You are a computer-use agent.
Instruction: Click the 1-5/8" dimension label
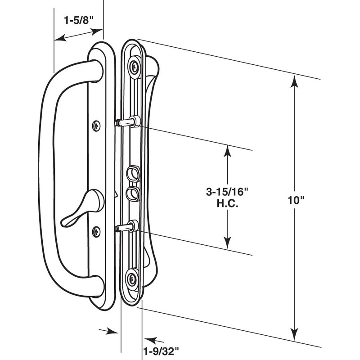click(x=77, y=20)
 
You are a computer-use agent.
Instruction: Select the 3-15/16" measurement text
click(x=227, y=192)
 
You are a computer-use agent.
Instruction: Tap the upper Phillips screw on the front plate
click(x=96, y=126)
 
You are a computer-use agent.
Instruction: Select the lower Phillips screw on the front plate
click(x=96, y=232)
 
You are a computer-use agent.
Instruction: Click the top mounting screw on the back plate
click(x=134, y=67)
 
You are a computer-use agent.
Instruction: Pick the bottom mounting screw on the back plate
click(x=133, y=278)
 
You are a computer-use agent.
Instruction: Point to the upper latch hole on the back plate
click(x=133, y=172)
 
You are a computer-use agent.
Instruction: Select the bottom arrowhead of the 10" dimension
click(x=295, y=335)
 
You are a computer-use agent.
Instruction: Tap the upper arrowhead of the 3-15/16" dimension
click(x=228, y=151)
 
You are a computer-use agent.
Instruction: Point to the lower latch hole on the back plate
click(x=133, y=193)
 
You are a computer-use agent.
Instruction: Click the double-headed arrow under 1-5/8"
click(x=78, y=35)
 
